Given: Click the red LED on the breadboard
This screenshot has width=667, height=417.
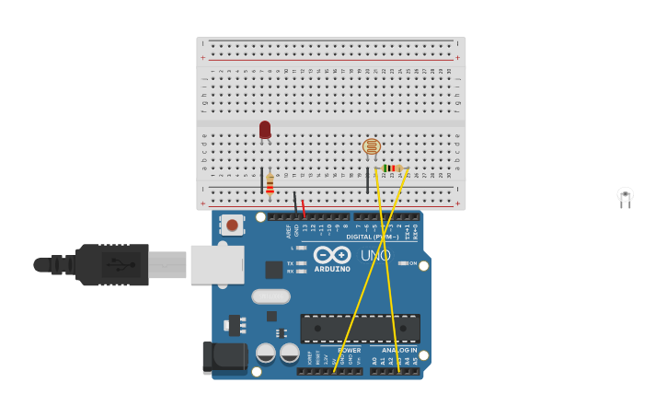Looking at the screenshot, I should click(x=265, y=130).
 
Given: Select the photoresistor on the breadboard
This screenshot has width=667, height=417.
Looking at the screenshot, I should click(x=372, y=146).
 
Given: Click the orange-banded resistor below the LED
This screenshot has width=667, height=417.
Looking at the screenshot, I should click(x=270, y=184).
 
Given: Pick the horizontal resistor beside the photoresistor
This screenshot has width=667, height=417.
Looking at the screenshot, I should click(x=392, y=168).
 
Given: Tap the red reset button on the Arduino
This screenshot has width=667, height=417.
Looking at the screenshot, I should click(x=232, y=225).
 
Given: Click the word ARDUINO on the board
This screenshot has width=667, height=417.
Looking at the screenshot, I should click(x=332, y=269).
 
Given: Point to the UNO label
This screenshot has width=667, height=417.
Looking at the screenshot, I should click(x=375, y=255).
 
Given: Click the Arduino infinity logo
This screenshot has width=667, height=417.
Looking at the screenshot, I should click(x=332, y=254).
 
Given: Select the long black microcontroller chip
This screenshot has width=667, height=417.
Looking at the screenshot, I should click(x=360, y=329).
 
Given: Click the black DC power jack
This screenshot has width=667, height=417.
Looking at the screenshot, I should click(x=224, y=356).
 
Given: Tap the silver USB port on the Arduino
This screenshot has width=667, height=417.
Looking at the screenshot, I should click(x=217, y=264).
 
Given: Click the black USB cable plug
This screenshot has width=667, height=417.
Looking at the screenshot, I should click(x=111, y=265).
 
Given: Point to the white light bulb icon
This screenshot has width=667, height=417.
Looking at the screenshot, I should click(x=626, y=195).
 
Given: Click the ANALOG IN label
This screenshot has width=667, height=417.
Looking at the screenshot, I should click(x=399, y=351).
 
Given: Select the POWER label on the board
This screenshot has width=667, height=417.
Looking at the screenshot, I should click(x=349, y=351).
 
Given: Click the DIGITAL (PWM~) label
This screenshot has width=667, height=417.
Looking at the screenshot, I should click(x=373, y=237).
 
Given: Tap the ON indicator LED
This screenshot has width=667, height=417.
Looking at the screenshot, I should click(x=403, y=263).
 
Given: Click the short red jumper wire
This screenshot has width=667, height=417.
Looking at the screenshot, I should click(x=304, y=207).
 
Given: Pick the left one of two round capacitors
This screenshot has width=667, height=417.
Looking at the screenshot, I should click(x=266, y=353).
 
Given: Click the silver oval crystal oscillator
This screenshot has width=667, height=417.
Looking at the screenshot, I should click(x=270, y=296).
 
